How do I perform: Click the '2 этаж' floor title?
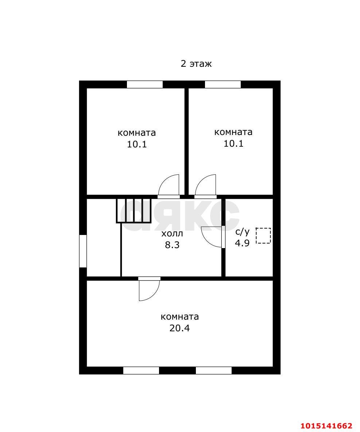click(x=196, y=63)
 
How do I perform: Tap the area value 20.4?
click(x=179, y=328)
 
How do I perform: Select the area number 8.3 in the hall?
click(x=172, y=245)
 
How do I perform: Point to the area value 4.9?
click(x=242, y=243)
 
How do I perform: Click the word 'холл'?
click(x=172, y=234)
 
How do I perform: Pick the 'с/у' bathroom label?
click(x=243, y=232)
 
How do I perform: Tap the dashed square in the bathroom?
click(x=263, y=236)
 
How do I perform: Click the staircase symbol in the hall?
click(x=133, y=210)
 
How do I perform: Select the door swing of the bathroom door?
click(x=211, y=237)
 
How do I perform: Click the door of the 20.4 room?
click(x=149, y=289)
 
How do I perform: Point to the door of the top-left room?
click(x=169, y=186)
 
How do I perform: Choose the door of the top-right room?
click(x=205, y=186)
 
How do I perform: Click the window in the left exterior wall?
click(x=83, y=251)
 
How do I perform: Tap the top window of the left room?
click(x=144, y=84)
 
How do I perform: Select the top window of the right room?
click(x=223, y=84)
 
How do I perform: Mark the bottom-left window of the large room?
click(x=141, y=371)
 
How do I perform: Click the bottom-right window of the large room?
click(x=214, y=371)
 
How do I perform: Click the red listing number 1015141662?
click(x=326, y=426)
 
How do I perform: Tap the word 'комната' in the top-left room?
click(x=137, y=133)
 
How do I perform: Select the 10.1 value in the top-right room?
click(x=233, y=143)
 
